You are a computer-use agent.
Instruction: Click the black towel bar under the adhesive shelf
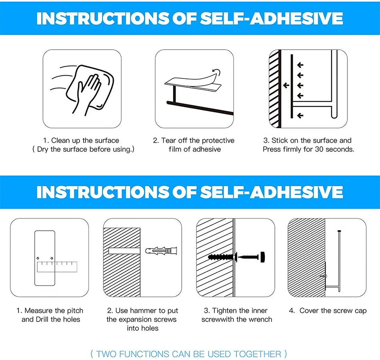[x=200, y=108]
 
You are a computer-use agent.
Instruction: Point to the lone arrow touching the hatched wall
[x=286, y=85]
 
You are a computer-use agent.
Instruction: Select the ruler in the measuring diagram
[x=57, y=267]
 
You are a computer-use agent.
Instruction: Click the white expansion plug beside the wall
[x=161, y=250]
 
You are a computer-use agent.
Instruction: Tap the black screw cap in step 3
[x=263, y=257]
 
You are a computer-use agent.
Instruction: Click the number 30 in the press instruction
[x=319, y=149]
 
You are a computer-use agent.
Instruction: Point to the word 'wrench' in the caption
[x=261, y=319]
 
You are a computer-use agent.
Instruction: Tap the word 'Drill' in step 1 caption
[x=42, y=319]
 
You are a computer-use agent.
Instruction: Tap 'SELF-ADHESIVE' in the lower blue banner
[x=272, y=192]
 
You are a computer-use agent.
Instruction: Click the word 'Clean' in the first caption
[x=60, y=141]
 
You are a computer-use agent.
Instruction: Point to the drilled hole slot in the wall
[x=124, y=251]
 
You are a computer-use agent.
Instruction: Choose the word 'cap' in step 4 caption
[x=361, y=311]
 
